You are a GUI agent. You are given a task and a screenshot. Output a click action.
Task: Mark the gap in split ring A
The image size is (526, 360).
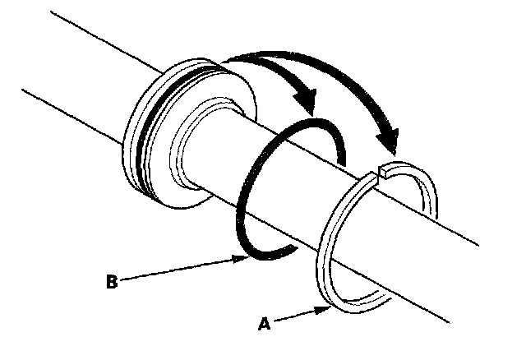[381, 173]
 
